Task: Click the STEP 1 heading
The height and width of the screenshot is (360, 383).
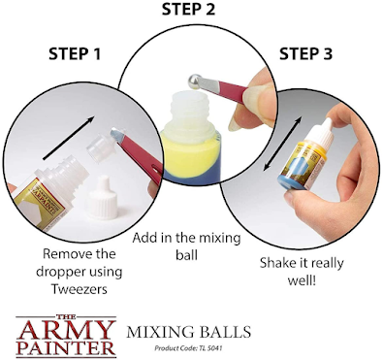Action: (x=75, y=54)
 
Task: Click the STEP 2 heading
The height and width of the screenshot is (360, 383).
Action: (x=188, y=9)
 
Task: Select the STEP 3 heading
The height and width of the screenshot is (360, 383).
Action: (x=305, y=53)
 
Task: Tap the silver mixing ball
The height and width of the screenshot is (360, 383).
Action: (x=195, y=81)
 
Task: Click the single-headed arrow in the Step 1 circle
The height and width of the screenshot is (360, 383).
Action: (x=69, y=138)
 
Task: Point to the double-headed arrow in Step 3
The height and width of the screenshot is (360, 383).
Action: (x=282, y=144)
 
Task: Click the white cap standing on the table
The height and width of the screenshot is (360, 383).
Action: (x=101, y=195)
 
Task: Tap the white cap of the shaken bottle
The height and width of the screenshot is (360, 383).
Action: (x=321, y=134)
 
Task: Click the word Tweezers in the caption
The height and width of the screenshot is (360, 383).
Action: (x=80, y=289)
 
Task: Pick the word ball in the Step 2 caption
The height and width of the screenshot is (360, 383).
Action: (x=186, y=255)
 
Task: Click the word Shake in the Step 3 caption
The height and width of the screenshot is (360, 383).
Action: (x=278, y=262)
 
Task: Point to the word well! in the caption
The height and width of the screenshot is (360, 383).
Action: (x=302, y=280)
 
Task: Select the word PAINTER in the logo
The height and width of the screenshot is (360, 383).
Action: (x=66, y=348)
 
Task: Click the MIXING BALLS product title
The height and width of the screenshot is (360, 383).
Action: (x=189, y=332)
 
